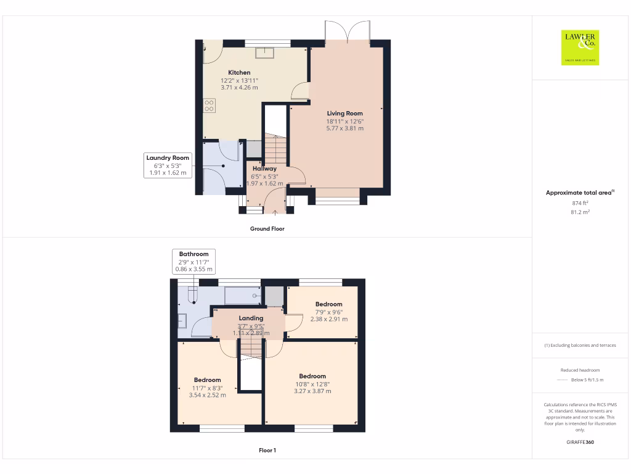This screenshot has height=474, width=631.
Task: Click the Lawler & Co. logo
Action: point(580,48)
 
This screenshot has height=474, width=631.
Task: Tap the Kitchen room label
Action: point(239,72)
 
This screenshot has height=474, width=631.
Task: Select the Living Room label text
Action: point(344,113)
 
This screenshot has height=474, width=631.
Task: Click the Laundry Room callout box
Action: point(168,165)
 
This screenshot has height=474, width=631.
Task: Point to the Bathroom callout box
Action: point(193,261)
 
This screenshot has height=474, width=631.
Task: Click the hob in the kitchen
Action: point(209,106)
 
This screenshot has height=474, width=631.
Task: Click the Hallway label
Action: point(264,168)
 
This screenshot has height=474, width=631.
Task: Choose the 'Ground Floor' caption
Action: point(267,228)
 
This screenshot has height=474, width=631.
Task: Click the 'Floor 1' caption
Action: point(267,450)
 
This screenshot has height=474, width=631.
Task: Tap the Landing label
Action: point(251,318)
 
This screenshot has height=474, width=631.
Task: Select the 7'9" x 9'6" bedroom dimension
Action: point(328,312)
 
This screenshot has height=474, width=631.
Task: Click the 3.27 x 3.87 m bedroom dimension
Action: point(312,391)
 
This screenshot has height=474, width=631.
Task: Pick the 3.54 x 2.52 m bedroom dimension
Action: point(207,395)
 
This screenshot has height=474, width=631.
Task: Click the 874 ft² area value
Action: point(580,202)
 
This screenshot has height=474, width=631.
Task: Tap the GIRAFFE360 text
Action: point(580,442)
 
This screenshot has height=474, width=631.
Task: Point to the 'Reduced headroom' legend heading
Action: point(580,370)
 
